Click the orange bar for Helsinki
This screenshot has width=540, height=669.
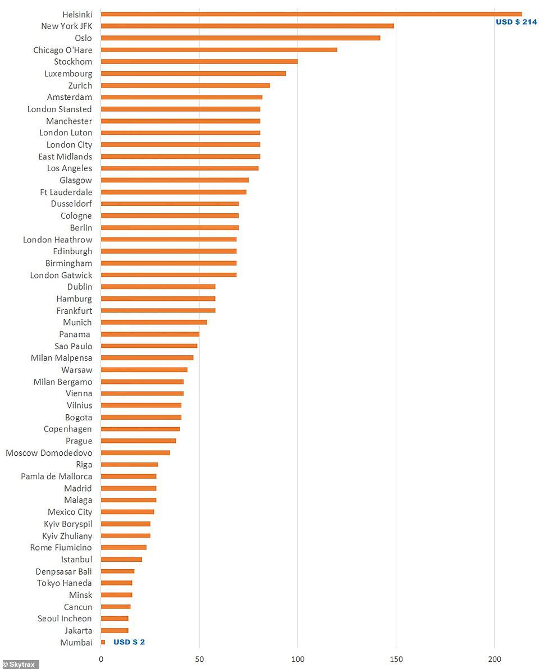point(311,14)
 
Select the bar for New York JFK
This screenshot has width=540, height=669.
point(247,26)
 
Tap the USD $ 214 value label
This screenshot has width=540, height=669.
point(516,22)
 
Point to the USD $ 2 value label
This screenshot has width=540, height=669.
point(129,642)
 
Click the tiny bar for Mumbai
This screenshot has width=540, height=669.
point(103,642)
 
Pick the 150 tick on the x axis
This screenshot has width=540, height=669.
point(396,659)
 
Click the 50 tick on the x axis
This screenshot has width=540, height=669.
point(199,659)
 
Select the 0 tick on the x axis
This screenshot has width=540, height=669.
point(101,659)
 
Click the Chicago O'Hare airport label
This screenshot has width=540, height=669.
point(62,50)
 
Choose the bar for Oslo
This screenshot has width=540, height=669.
point(240,38)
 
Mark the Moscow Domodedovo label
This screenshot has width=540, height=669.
point(49,453)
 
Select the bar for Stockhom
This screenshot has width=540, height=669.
point(199,62)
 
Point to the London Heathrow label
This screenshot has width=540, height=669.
point(57,240)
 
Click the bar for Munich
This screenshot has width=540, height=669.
point(154,322)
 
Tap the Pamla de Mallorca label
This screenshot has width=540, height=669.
point(57,476)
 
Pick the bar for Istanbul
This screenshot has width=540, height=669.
point(121,560)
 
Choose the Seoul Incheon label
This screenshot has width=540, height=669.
point(65,618)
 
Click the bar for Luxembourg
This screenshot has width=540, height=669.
point(193,74)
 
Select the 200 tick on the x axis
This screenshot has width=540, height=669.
point(495,659)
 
